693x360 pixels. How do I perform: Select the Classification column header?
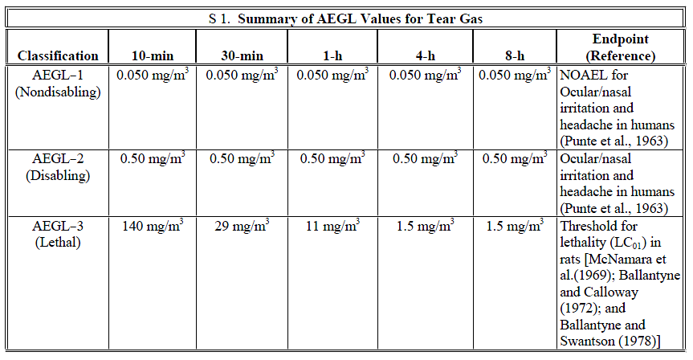point(58,56)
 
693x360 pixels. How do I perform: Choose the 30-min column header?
point(243,56)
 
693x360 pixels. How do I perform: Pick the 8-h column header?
point(516,56)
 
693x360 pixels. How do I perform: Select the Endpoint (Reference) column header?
point(621,47)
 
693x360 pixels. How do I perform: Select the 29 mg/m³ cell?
point(243,227)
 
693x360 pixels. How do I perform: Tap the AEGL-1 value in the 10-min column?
point(153,76)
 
